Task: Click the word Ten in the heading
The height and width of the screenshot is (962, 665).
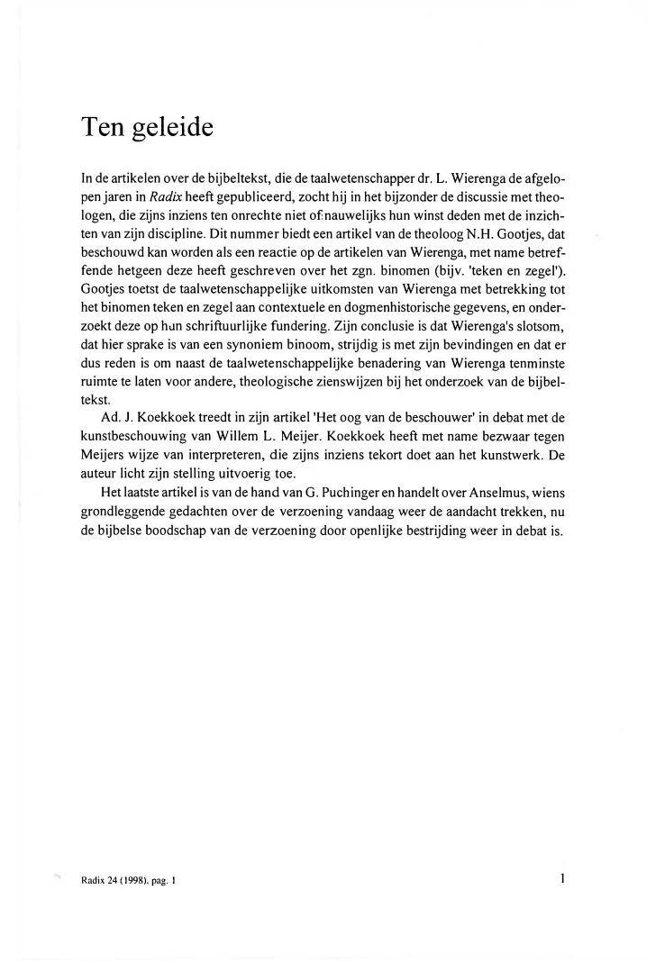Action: click(x=101, y=127)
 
